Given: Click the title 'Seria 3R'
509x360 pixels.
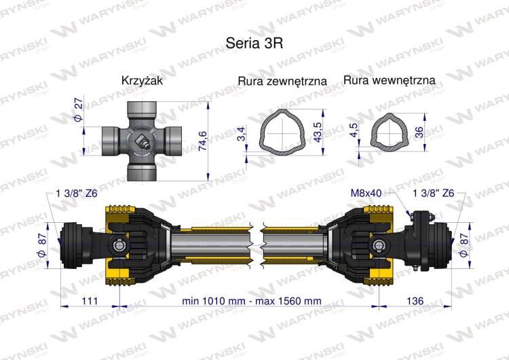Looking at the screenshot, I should pyautogui.click(x=254, y=41).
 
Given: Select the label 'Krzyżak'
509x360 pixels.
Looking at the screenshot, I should pyautogui.click(x=142, y=81).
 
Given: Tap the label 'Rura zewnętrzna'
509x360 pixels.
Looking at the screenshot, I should pyautogui.click(x=282, y=82).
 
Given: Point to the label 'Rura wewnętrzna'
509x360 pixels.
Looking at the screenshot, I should pyautogui.click(x=389, y=81).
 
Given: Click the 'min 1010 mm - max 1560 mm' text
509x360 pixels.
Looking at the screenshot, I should pyautogui.click(x=252, y=300).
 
